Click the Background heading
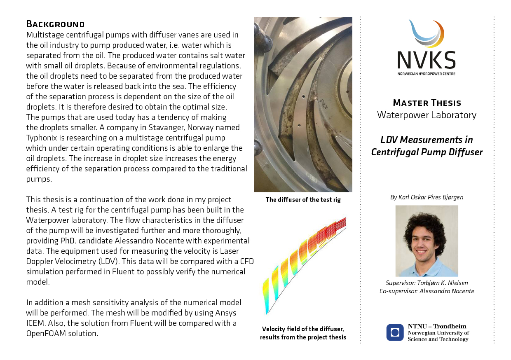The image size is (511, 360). click(55, 24)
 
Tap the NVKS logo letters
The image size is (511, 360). click(427, 60)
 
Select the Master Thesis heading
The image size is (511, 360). click(427, 103)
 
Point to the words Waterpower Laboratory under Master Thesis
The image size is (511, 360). click(427, 115)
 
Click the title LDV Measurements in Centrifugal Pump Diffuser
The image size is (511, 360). click(427, 146)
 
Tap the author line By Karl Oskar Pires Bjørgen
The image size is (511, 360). click(427, 197)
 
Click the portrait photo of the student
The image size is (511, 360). click(427, 241)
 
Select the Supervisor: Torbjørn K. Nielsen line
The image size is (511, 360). click(427, 283)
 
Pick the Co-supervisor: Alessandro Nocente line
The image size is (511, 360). click(427, 291)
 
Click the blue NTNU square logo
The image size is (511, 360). click(395, 332)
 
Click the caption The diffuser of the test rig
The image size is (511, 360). click(303, 200)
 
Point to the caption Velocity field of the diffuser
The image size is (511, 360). click(303, 329)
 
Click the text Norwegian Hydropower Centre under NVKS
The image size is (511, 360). click(427, 74)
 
